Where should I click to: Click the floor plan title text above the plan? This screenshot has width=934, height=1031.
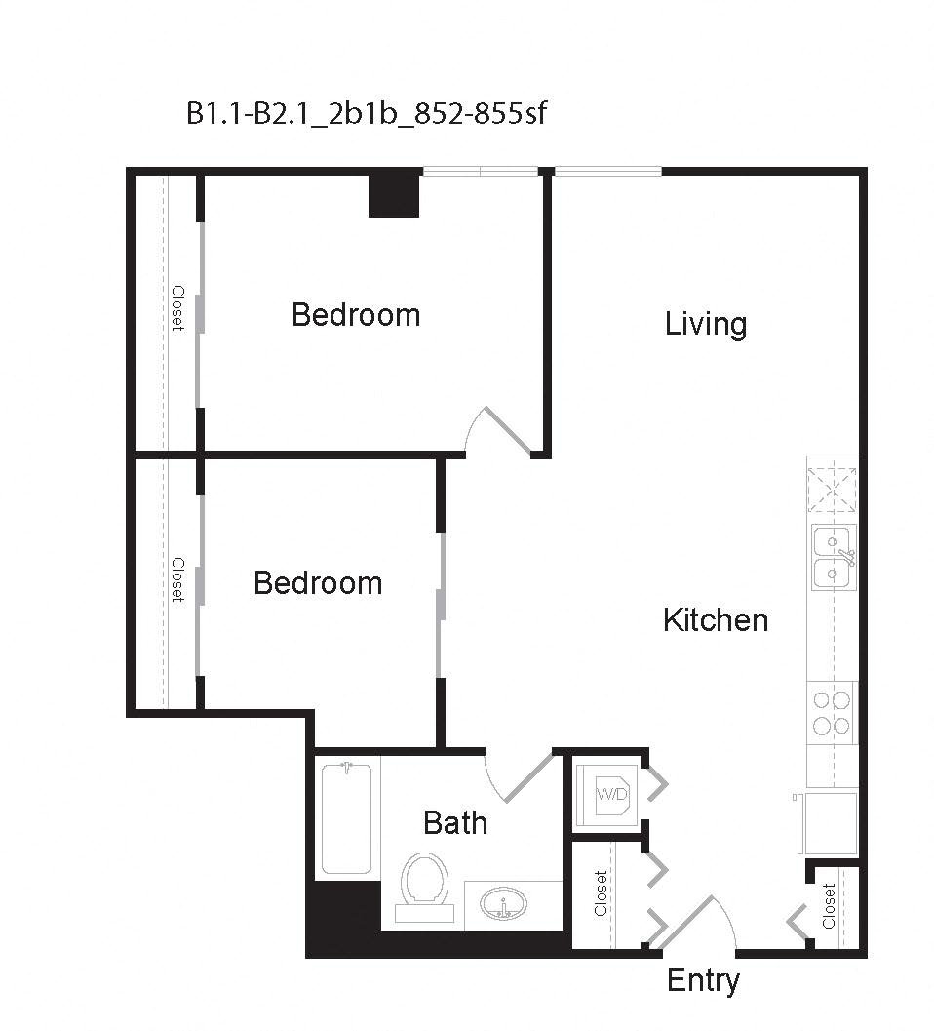pyautogui.click(x=367, y=114)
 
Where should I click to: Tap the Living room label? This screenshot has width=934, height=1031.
pyautogui.click(x=706, y=324)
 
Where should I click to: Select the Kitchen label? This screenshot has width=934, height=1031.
pyautogui.click(x=716, y=620)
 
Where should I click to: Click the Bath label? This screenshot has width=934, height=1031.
pyautogui.click(x=455, y=823)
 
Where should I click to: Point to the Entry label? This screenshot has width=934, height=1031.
pyautogui.click(x=703, y=980)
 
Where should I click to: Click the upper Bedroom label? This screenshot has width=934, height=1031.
pyautogui.click(x=356, y=315)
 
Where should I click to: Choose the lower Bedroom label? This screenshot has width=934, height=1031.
pyautogui.click(x=318, y=583)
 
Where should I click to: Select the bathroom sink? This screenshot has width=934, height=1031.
pyautogui.click(x=504, y=903)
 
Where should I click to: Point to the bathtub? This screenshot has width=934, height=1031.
pyautogui.click(x=347, y=817)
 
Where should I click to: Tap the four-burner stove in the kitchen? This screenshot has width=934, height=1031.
pyautogui.click(x=832, y=712)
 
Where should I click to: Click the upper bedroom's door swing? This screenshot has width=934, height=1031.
pyautogui.click(x=498, y=432)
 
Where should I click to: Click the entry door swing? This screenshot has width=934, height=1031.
pyautogui.click(x=696, y=921)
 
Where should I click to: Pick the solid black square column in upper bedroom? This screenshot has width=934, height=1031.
pyautogui.click(x=394, y=193)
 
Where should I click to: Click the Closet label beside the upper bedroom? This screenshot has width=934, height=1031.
pyautogui.click(x=177, y=307)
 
